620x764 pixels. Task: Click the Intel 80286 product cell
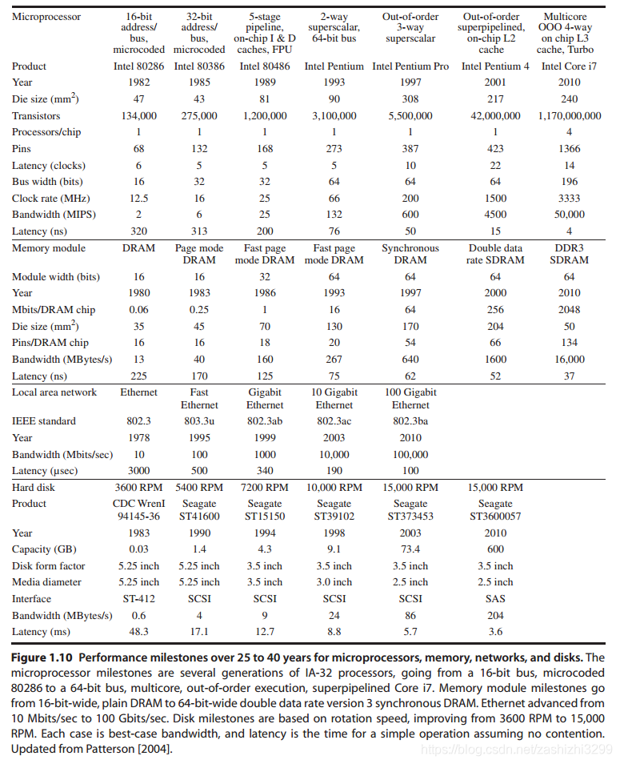[138, 66]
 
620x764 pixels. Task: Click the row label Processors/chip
[46, 132]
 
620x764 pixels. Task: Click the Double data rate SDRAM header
[495, 254]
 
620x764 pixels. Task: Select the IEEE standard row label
[44, 421]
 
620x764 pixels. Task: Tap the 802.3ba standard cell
[410, 421]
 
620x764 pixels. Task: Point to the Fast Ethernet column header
[199, 399]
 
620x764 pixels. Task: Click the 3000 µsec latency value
[138, 471]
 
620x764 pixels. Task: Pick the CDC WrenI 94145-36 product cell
[138, 509]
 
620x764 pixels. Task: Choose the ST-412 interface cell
[138, 598]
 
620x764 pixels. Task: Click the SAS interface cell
[495, 598]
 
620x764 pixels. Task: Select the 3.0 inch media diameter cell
[334, 582]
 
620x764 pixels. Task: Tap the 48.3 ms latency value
[138, 632]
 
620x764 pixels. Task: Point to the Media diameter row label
[46, 582]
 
